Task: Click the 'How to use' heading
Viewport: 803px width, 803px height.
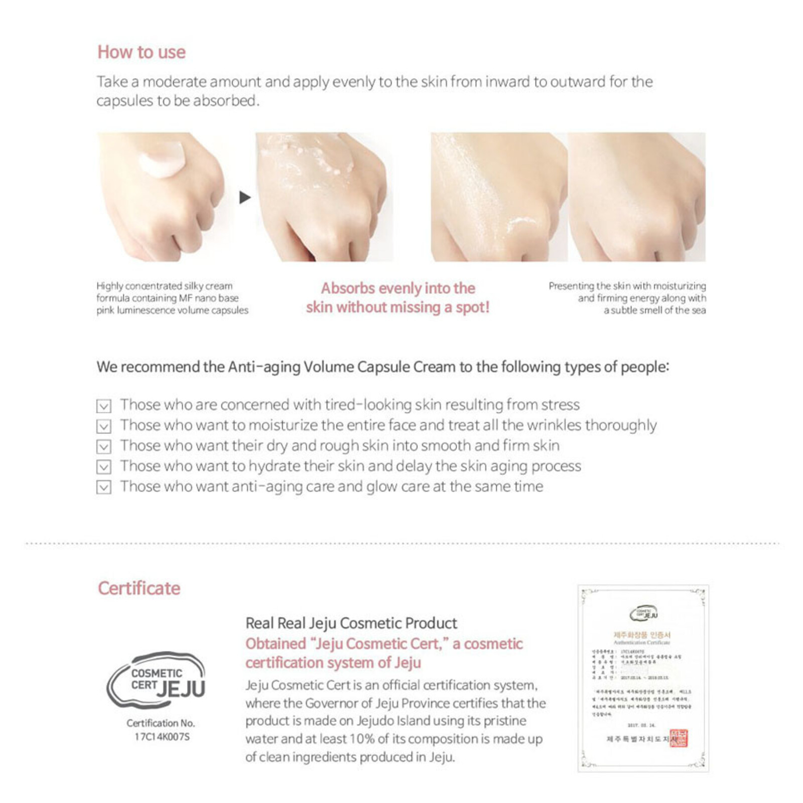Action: [x=142, y=52]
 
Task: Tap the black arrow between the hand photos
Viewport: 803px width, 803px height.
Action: [x=244, y=197]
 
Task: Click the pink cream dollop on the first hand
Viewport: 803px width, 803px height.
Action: [x=162, y=159]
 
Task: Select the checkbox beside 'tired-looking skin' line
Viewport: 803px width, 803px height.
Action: [x=103, y=406]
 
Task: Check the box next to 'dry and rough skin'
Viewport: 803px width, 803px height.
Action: [x=103, y=446]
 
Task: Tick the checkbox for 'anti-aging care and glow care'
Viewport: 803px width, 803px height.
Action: [x=103, y=487]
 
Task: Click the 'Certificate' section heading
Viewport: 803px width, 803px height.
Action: [x=139, y=588]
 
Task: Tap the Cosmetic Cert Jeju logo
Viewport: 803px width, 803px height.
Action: [x=156, y=680]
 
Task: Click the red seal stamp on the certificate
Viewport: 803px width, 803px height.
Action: [x=679, y=738]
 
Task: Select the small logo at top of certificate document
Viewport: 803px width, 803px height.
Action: [x=643, y=613]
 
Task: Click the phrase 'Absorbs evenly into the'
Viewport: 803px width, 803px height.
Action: [x=397, y=289]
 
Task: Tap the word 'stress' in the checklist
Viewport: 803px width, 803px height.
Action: [x=561, y=405]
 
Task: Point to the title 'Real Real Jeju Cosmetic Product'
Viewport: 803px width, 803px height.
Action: [x=351, y=623]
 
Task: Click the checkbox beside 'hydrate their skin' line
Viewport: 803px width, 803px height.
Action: [x=103, y=467]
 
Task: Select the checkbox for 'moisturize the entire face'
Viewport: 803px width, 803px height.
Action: [x=103, y=426]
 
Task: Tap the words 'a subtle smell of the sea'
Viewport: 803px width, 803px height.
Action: [x=654, y=310]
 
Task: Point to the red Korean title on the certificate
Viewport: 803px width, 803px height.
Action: [x=642, y=635]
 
